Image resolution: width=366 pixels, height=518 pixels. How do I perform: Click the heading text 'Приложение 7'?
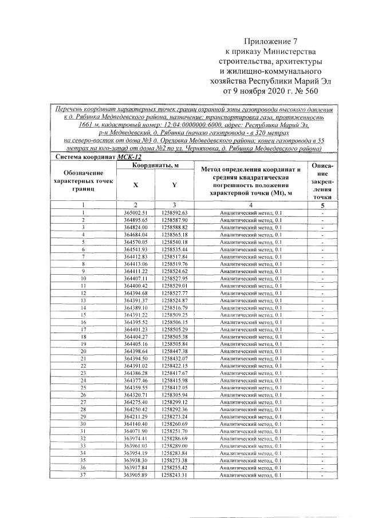[x=271, y=42]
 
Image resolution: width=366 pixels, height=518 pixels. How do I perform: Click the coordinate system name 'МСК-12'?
[x=131, y=157]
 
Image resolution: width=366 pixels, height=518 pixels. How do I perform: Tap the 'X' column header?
[x=135, y=185]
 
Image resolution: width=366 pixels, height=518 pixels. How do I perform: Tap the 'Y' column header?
[x=174, y=185]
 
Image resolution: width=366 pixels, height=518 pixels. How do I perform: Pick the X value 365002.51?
[x=136, y=213]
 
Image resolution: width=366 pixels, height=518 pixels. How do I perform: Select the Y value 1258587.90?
[x=175, y=220]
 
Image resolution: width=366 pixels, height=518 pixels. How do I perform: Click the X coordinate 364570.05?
[x=136, y=242]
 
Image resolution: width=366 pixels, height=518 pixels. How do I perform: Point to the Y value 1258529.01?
[x=175, y=285]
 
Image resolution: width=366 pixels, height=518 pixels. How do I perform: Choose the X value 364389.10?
[x=136, y=307]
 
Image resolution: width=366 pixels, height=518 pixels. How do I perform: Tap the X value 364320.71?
[x=136, y=394]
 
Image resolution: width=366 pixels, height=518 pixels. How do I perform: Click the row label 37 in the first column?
[x=83, y=474]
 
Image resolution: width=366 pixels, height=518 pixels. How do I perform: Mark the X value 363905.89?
[x=136, y=474]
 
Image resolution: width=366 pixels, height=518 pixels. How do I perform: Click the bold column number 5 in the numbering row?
[x=322, y=205]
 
